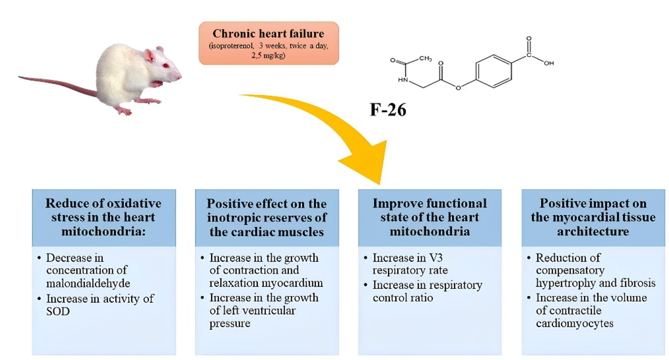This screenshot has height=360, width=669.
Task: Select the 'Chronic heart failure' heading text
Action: point(268,34)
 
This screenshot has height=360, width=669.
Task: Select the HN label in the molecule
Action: point(403,80)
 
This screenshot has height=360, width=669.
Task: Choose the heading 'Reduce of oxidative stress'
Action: point(104,211)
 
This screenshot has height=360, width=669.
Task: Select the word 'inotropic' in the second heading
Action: point(230,218)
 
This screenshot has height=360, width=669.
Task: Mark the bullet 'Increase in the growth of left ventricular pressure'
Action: point(263,311)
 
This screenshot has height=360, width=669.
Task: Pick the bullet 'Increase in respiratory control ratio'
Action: point(427,292)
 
